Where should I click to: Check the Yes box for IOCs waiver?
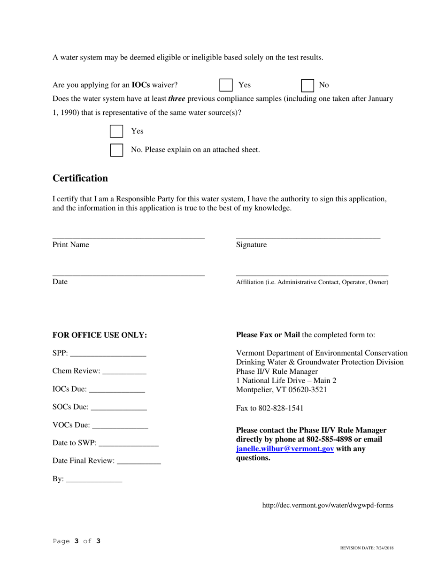click(x=226, y=85)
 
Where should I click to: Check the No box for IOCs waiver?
click(x=308, y=85)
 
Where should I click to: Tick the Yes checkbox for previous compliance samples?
click(x=116, y=131)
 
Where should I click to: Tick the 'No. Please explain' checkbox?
click(x=116, y=150)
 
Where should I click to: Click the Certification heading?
click(x=80, y=178)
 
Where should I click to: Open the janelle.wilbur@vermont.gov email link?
click(x=285, y=449)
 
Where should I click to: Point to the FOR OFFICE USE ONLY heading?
click(x=100, y=335)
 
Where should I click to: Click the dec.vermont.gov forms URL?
click(x=328, y=505)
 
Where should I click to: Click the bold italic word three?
click(x=177, y=99)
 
